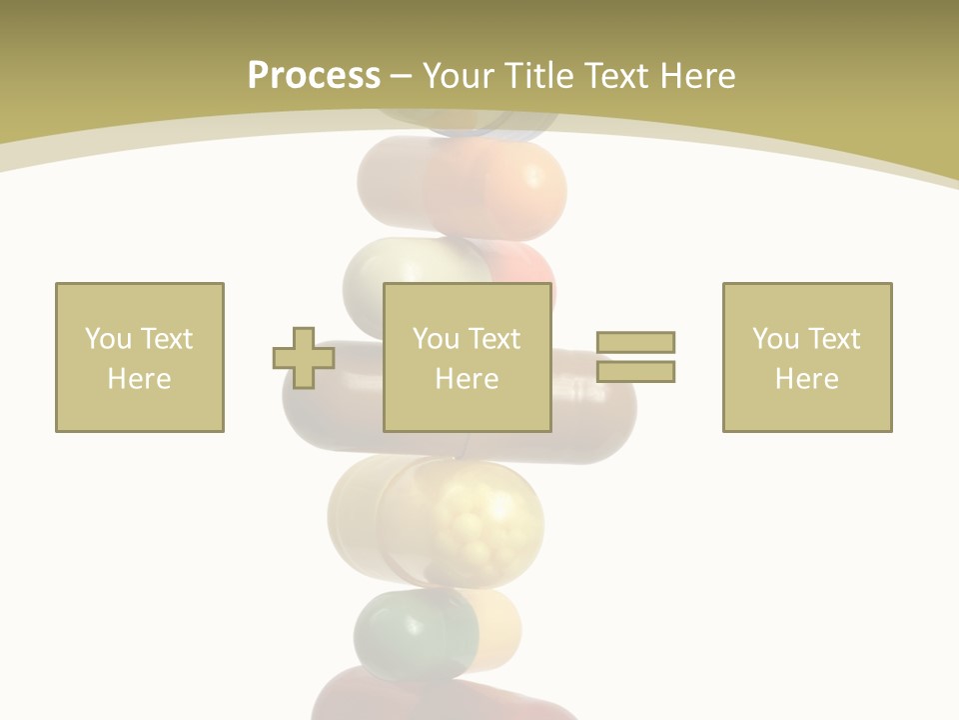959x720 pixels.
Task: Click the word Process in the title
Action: pyautogui.click(x=314, y=76)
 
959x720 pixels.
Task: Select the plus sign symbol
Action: pyautogui.click(x=304, y=358)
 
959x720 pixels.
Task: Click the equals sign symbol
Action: pyautogui.click(x=635, y=357)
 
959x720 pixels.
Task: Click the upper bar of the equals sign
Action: pyautogui.click(x=635, y=343)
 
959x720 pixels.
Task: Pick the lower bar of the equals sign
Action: pyautogui.click(x=635, y=372)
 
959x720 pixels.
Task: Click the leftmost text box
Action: pyautogui.click(x=140, y=358)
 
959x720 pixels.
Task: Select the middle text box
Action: pyautogui.click(x=468, y=358)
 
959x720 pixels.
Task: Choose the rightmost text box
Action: pyautogui.click(x=807, y=358)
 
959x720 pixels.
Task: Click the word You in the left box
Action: pyautogui.click(x=107, y=339)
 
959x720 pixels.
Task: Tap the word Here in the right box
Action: pyautogui.click(x=807, y=379)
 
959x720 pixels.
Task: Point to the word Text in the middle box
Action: pyautogui.click(x=495, y=339)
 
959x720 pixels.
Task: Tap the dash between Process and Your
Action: pyautogui.click(x=401, y=76)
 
